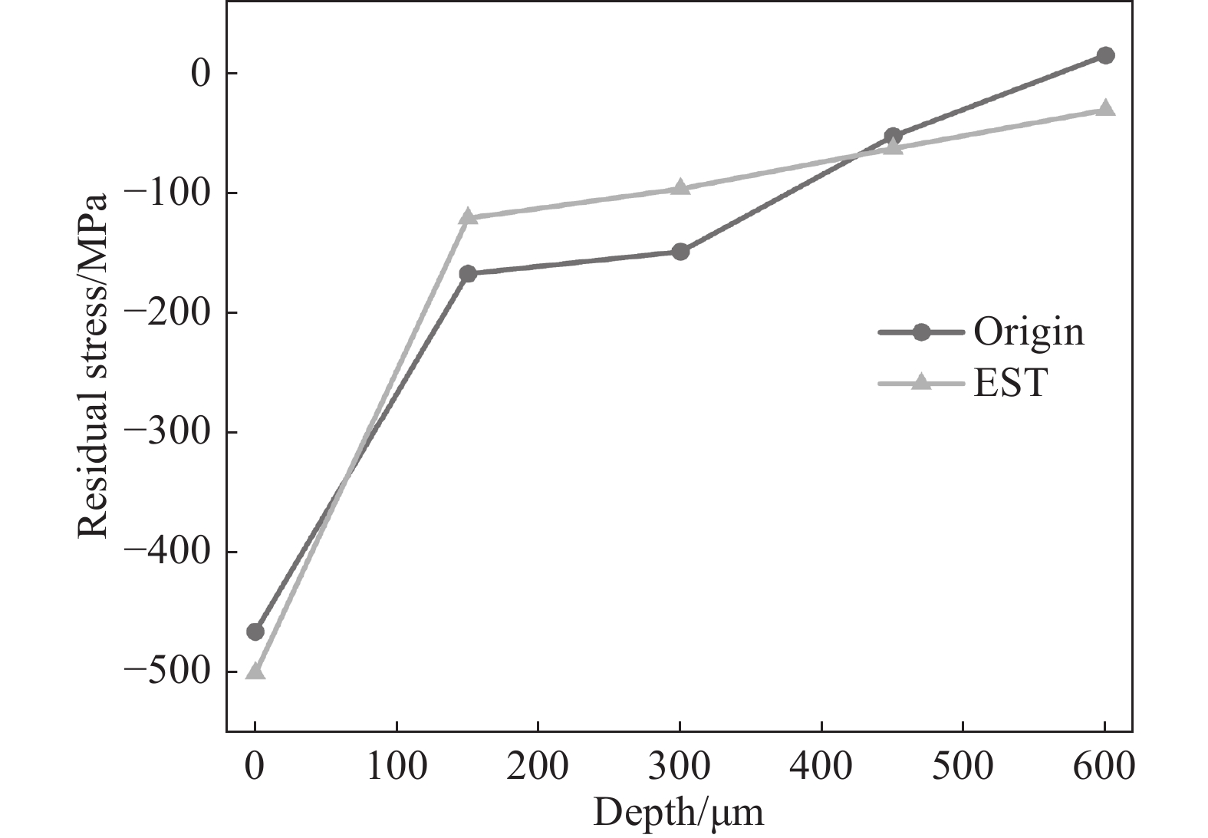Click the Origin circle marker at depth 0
(255, 632)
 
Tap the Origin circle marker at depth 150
(468, 273)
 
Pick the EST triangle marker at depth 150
(468, 216)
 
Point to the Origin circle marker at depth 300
(680, 252)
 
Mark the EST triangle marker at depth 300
(680, 186)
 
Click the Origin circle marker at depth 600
(1105, 55)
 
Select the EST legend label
(1011, 383)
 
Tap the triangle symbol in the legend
(922, 383)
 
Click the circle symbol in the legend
(922, 332)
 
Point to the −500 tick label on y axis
(166, 671)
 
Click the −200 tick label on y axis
(166, 312)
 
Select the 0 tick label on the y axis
(200, 74)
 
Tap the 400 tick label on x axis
(821, 766)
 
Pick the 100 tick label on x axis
(397, 766)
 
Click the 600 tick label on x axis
(1104, 766)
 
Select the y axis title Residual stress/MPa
(92, 366)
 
